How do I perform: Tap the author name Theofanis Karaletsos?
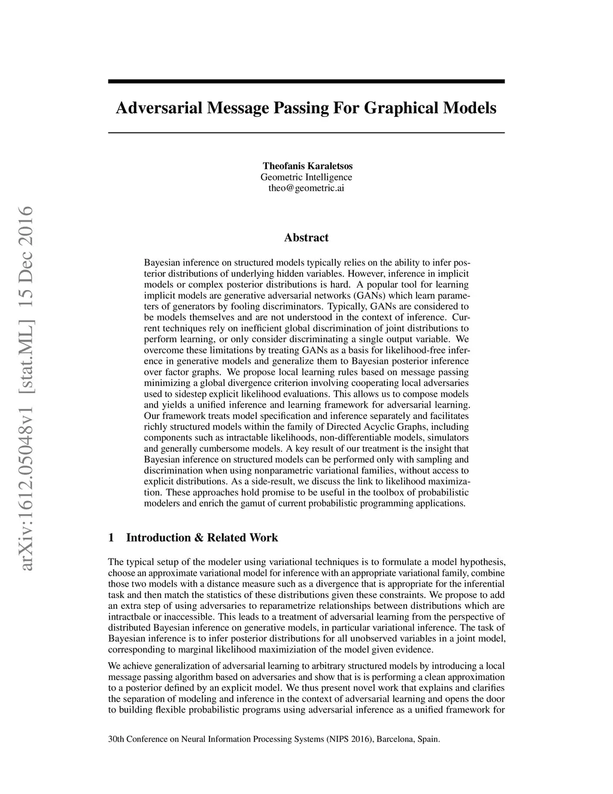(x=306, y=165)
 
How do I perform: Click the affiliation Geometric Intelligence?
(x=306, y=177)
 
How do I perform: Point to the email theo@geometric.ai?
(x=306, y=188)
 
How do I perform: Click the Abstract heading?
(x=306, y=238)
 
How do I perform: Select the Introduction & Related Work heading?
(x=202, y=538)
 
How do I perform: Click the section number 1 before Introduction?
(x=111, y=538)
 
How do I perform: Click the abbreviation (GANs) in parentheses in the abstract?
(x=371, y=295)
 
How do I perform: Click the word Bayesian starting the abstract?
(x=162, y=263)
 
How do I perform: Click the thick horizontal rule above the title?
(x=306, y=81)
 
